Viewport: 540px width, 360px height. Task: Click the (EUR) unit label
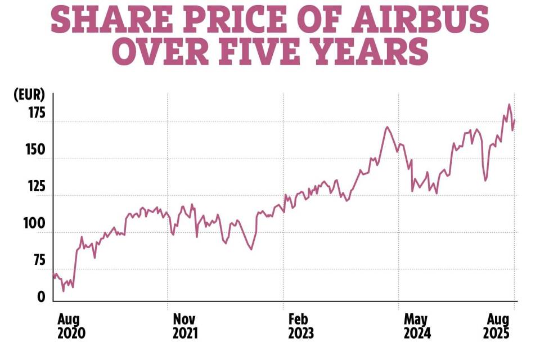[29, 94]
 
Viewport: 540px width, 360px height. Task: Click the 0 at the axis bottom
[41, 298]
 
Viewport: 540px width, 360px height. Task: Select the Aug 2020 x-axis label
[71, 326]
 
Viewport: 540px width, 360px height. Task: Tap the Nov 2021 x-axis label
[186, 326]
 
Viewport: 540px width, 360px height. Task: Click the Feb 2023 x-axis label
[301, 326]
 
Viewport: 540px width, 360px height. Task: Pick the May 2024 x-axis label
[417, 326]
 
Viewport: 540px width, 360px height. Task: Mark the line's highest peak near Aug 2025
[509, 104]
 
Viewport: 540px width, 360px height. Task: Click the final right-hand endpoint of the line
[515, 120]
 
